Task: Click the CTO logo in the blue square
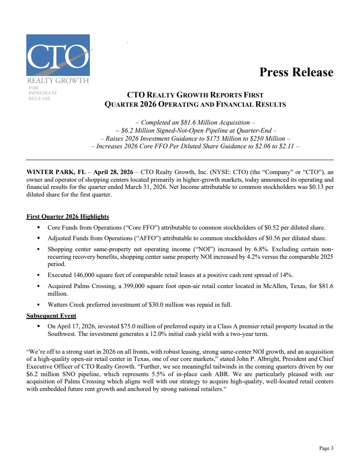point(58,55)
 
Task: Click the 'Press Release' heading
point(296,72)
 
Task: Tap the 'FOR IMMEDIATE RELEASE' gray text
point(42,93)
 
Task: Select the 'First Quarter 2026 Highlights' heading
point(67,217)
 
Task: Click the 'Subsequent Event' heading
point(51,316)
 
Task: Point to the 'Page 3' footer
point(326,448)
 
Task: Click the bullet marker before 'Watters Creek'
point(39,305)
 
